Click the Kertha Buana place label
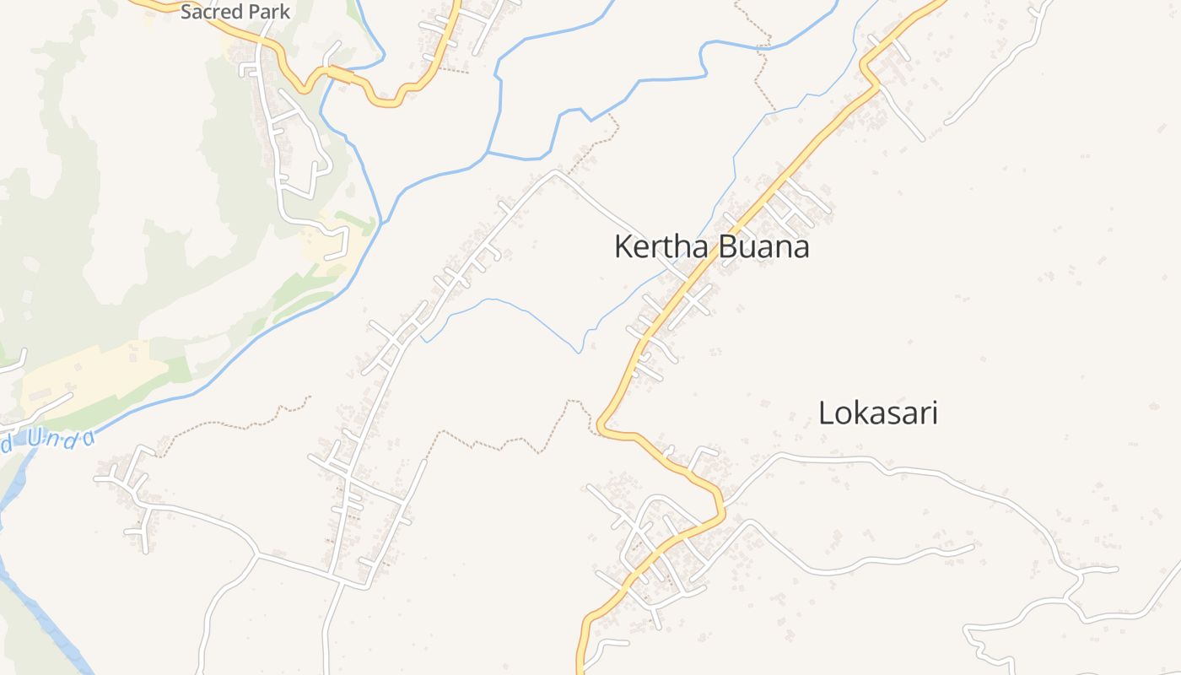click(711, 247)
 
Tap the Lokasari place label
click(878, 413)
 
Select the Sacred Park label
click(235, 12)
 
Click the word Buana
click(763, 247)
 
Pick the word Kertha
click(662, 247)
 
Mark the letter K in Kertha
click(623, 247)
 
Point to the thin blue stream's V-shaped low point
click(579, 352)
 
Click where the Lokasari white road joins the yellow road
click(723, 505)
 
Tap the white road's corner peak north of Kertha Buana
click(554, 172)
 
